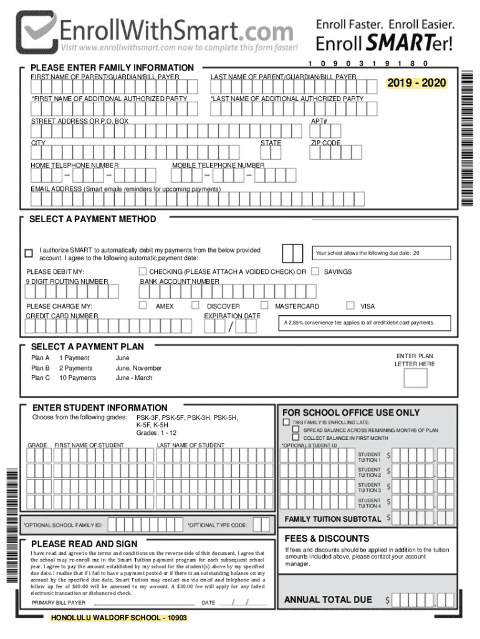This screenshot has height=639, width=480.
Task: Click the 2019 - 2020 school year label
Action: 416,83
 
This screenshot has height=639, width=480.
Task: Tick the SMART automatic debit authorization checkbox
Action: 28,253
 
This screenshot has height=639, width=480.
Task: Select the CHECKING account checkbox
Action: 143,271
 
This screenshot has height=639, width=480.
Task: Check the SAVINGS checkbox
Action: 315,271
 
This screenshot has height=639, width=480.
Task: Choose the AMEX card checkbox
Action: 143,306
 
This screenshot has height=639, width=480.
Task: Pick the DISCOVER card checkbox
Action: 195,306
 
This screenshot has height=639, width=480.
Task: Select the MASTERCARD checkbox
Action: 264,306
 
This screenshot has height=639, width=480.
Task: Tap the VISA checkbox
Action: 350,306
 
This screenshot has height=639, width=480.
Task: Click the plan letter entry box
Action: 416,378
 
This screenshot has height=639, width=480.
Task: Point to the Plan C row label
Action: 40,378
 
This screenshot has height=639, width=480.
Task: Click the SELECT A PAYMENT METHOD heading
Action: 93,219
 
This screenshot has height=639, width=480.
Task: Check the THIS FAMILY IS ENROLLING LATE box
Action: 287,422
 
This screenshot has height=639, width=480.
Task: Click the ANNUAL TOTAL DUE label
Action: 328,600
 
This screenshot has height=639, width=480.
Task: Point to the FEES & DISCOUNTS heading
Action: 327,539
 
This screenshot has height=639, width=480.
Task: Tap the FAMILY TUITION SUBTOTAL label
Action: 332,519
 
